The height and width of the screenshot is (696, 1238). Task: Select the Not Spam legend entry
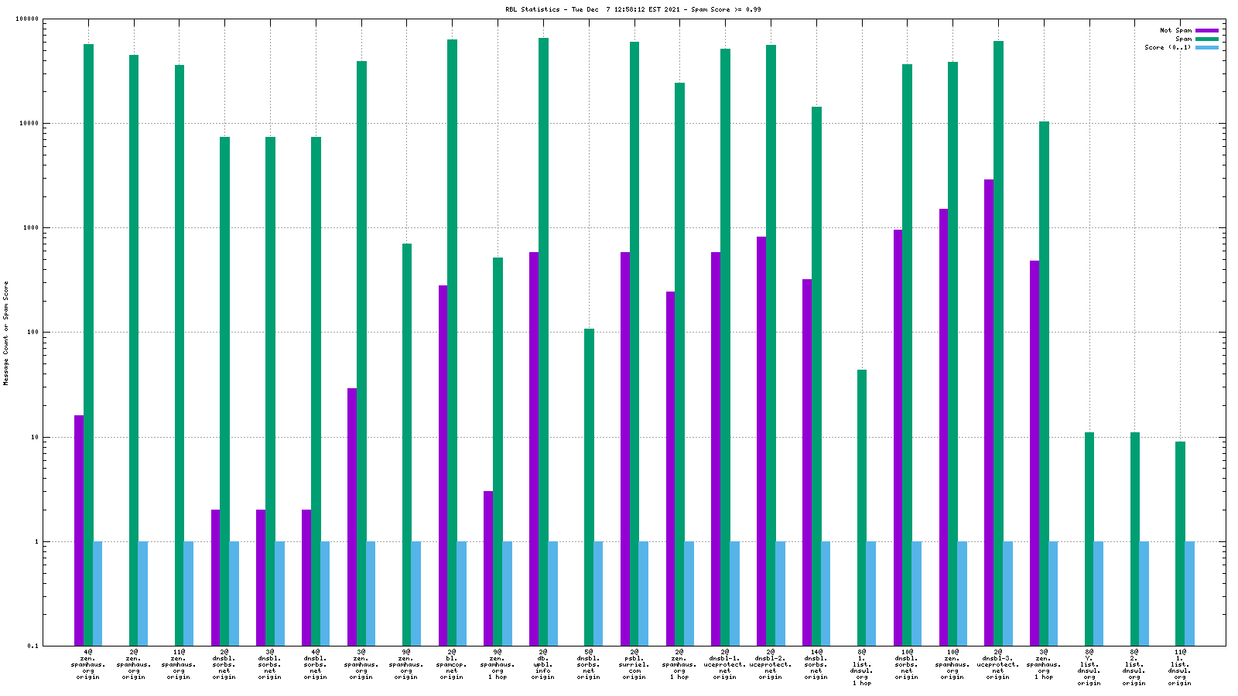(1175, 30)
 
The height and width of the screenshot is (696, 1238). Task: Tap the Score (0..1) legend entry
(1168, 47)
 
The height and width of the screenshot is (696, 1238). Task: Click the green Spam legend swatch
(1207, 39)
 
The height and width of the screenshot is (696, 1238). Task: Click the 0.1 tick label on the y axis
(32, 646)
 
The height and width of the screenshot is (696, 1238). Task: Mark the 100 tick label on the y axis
(32, 333)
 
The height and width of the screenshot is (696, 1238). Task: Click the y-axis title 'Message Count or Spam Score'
(6, 333)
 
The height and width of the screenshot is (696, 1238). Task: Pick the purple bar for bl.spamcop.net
(443, 465)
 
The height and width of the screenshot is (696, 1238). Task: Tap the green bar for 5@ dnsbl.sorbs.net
(589, 487)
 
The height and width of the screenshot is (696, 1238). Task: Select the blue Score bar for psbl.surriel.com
(644, 593)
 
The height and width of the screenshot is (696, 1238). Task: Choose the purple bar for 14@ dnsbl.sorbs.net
(807, 462)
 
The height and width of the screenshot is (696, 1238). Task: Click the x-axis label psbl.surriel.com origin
(634, 664)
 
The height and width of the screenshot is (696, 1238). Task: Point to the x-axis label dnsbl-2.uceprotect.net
(770, 664)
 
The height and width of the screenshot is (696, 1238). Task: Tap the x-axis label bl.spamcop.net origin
(452, 664)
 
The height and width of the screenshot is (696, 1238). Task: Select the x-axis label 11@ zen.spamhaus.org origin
(179, 664)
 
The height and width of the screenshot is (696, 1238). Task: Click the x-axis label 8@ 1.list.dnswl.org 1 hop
(861, 667)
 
